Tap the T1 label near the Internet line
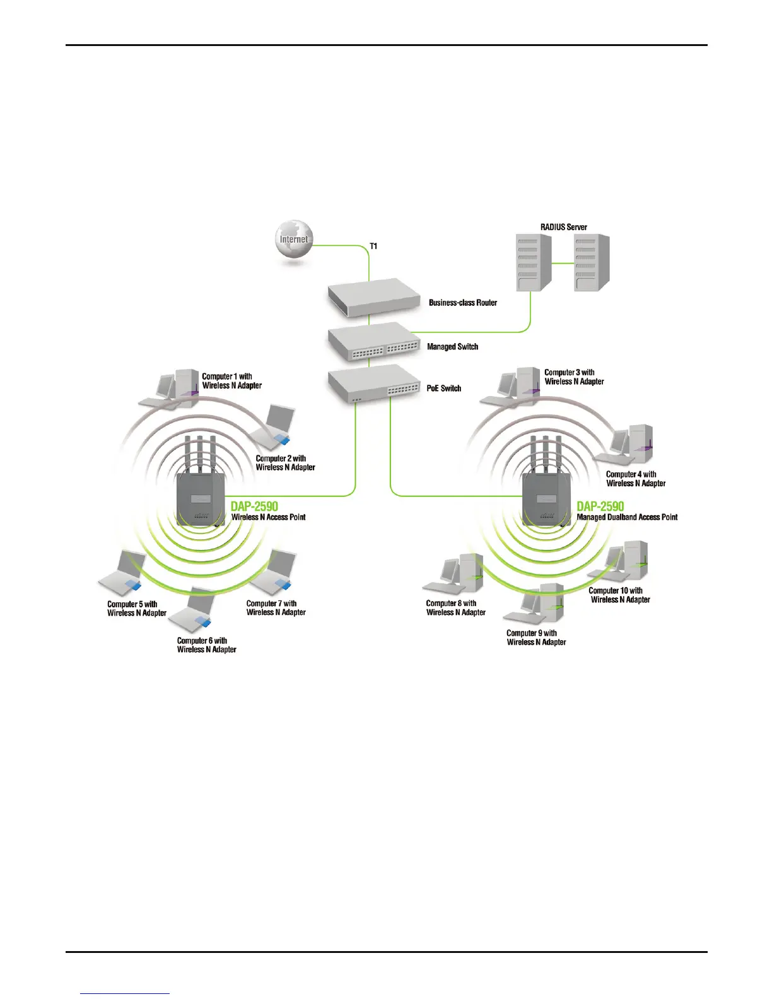(373, 246)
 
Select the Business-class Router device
(374, 298)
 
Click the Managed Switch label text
(452, 346)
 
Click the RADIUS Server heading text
(563, 227)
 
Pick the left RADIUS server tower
(534, 262)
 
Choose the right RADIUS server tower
(591, 262)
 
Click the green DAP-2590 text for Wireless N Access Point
(254, 506)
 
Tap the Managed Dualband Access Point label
(627, 517)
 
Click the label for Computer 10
(619, 595)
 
